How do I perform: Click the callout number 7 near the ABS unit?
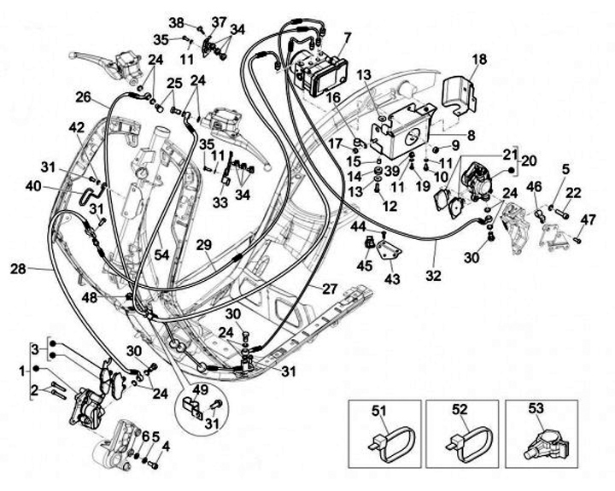coord(347,37)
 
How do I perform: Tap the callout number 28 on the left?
coord(19,270)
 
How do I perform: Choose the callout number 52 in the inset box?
coord(459,409)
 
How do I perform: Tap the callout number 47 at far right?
coord(588,220)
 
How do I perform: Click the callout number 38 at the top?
coord(176,22)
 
